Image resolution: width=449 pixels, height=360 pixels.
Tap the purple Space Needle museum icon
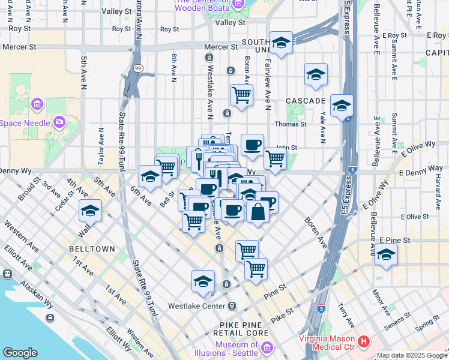(x=59, y=123)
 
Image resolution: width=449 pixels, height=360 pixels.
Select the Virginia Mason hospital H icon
(x=364, y=342)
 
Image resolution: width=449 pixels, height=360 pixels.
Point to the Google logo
(x=20, y=353)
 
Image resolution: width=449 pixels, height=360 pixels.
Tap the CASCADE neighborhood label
(x=305, y=100)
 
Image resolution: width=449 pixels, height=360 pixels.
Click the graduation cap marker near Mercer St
(x=281, y=43)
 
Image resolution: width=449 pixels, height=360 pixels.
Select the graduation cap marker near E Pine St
(x=387, y=254)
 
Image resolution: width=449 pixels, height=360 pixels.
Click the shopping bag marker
(x=258, y=212)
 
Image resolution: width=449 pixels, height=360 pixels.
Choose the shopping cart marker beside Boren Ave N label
(x=241, y=94)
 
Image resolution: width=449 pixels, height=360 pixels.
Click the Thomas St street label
(x=291, y=124)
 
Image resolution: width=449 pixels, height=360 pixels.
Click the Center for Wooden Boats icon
(x=238, y=4)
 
